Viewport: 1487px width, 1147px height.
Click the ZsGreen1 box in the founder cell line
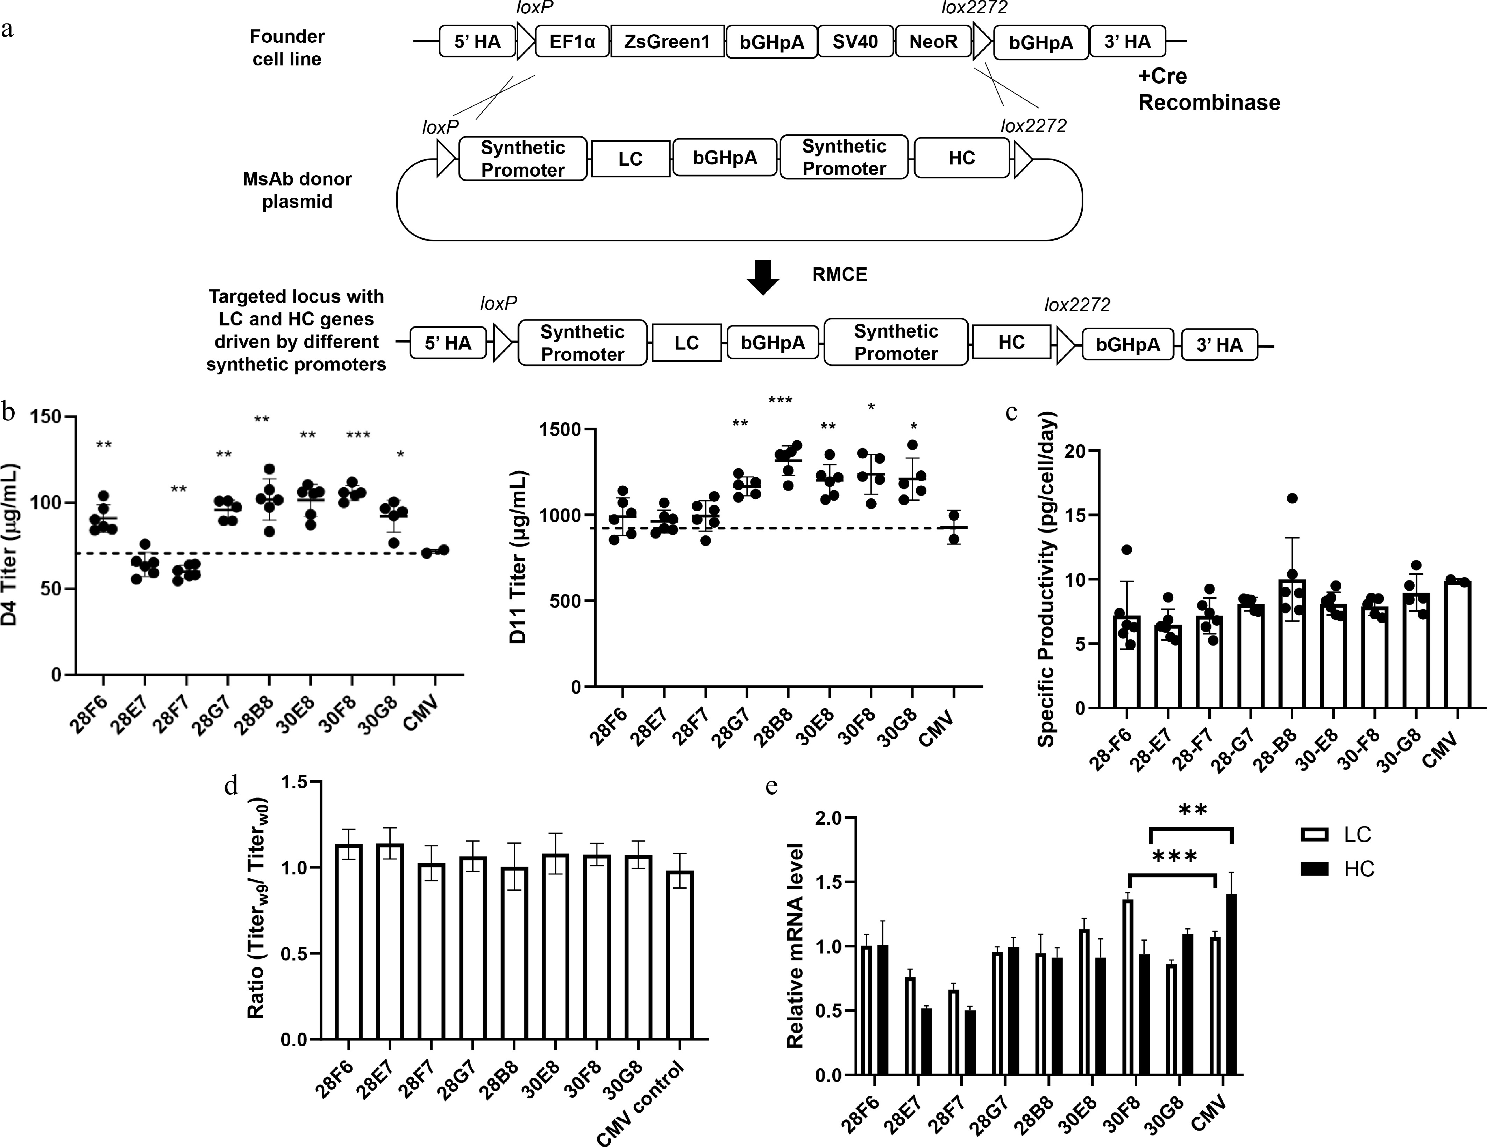click(x=667, y=42)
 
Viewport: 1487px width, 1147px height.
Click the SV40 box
click(x=855, y=42)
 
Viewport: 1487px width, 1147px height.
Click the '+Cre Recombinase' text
click(x=1209, y=89)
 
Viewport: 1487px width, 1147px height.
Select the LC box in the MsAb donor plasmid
click(x=631, y=159)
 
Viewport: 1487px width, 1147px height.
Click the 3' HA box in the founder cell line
click(x=1127, y=42)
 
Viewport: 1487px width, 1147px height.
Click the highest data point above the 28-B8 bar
click(x=1292, y=499)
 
